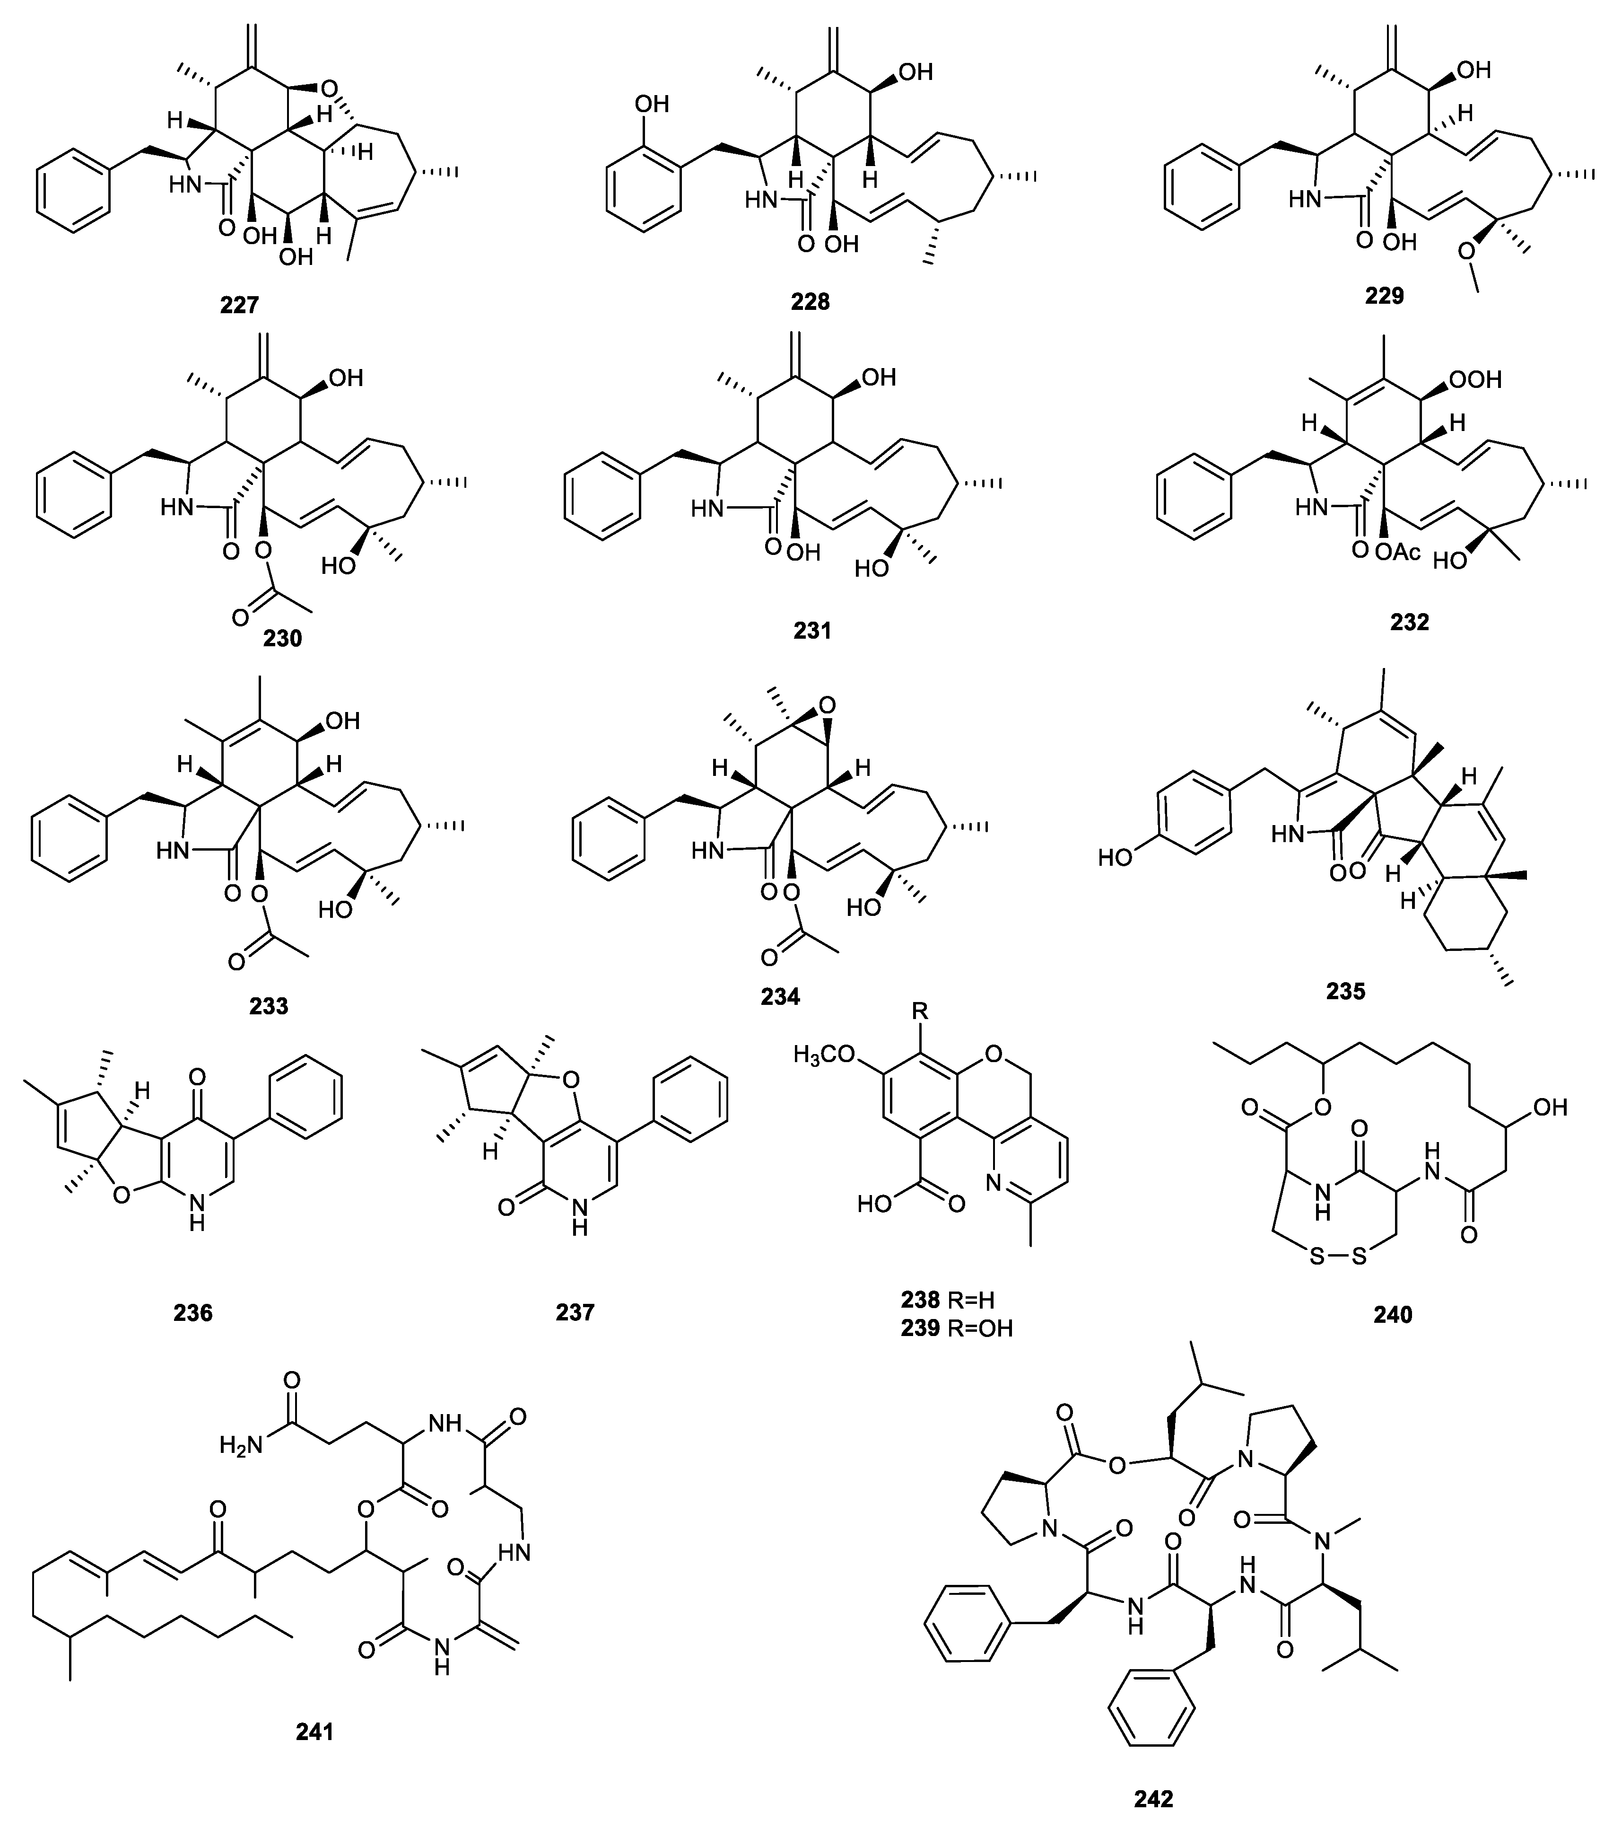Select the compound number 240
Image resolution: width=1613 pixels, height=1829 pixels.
click(1393, 1314)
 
